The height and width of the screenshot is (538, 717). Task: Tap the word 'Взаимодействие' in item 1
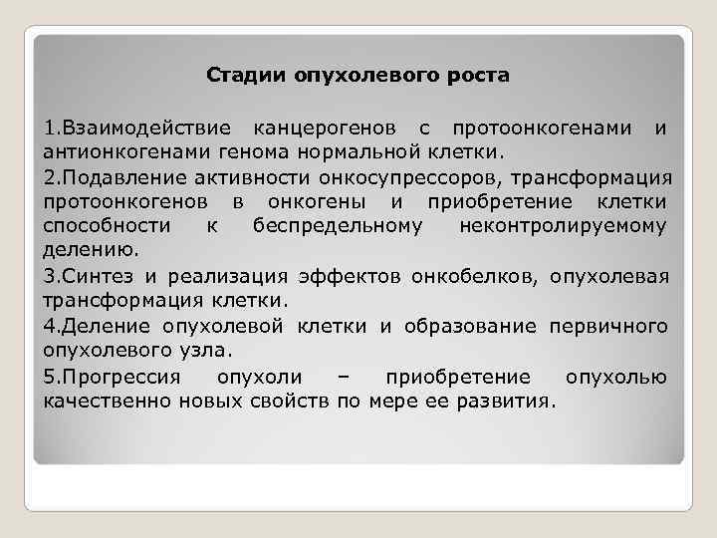tap(147, 129)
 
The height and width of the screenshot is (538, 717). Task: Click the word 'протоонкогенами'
tap(537, 129)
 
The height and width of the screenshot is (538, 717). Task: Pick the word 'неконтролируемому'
tap(564, 226)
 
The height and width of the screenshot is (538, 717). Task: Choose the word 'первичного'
tap(605, 326)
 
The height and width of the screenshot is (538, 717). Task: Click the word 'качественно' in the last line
tap(108, 402)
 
